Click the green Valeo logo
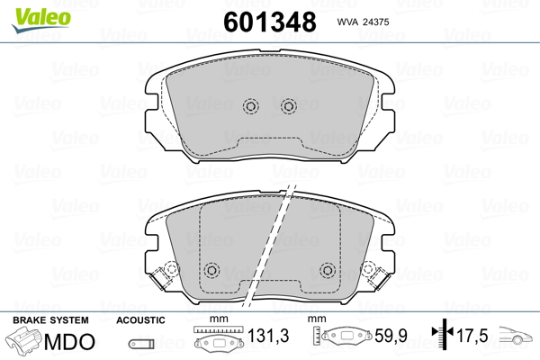point(41,20)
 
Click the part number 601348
point(270,22)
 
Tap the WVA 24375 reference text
point(363,22)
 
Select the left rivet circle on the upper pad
point(251,106)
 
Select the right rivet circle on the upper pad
point(289,106)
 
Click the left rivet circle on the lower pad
point(211,270)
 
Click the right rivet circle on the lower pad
point(328,270)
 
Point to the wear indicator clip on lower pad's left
point(161,276)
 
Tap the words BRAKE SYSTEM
point(50,320)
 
